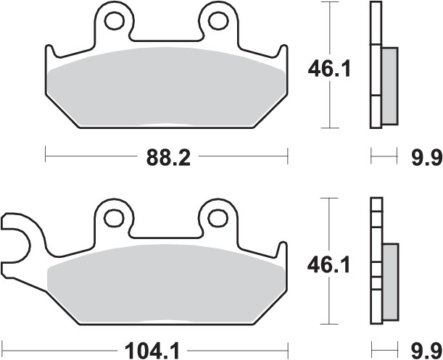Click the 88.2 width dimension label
(x=167, y=156)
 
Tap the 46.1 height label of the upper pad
(x=330, y=70)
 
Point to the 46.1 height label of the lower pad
(x=330, y=265)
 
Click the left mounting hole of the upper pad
(x=114, y=20)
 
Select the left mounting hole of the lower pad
(x=114, y=216)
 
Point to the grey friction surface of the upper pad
(x=167, y=87)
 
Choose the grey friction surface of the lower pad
(x=167, y=282)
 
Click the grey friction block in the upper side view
(x=389, y=84)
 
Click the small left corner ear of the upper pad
(x=50, y=55)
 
